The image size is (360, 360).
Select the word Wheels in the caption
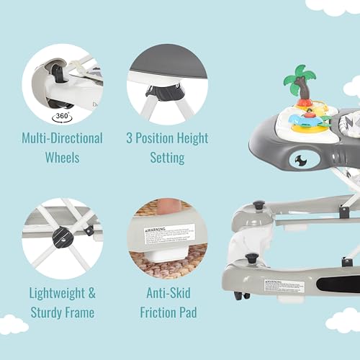(x=62, y=156)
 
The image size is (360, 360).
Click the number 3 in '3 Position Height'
(x=130, y=138)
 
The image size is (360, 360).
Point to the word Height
(x=191, y=138)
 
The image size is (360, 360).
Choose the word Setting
(x=167, y=156)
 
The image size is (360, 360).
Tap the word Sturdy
(x=50, y=312)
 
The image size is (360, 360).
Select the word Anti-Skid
(x=167, y=294)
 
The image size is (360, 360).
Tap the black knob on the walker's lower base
(x=252, y=258)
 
